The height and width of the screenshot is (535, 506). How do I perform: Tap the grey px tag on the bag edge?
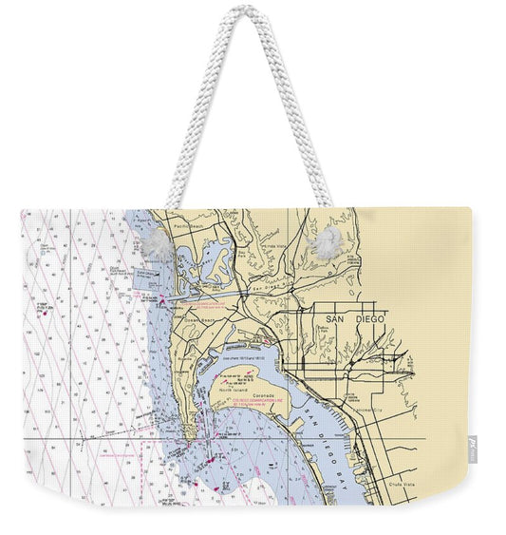pyautogui.click(x=473, y=447)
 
